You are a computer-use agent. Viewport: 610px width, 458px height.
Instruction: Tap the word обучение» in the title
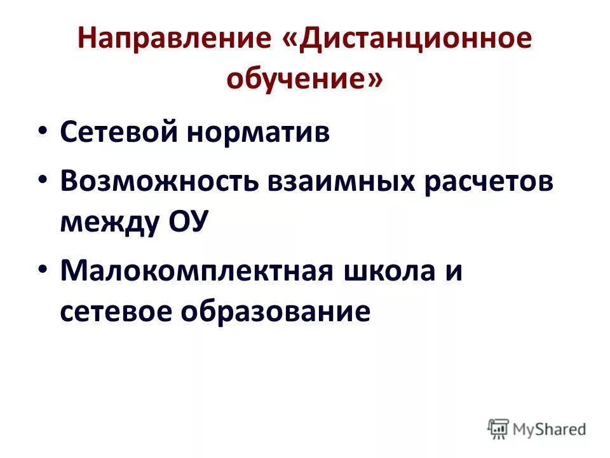305,80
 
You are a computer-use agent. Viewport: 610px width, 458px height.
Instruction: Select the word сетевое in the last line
118,312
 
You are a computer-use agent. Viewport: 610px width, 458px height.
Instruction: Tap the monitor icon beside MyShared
499,429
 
